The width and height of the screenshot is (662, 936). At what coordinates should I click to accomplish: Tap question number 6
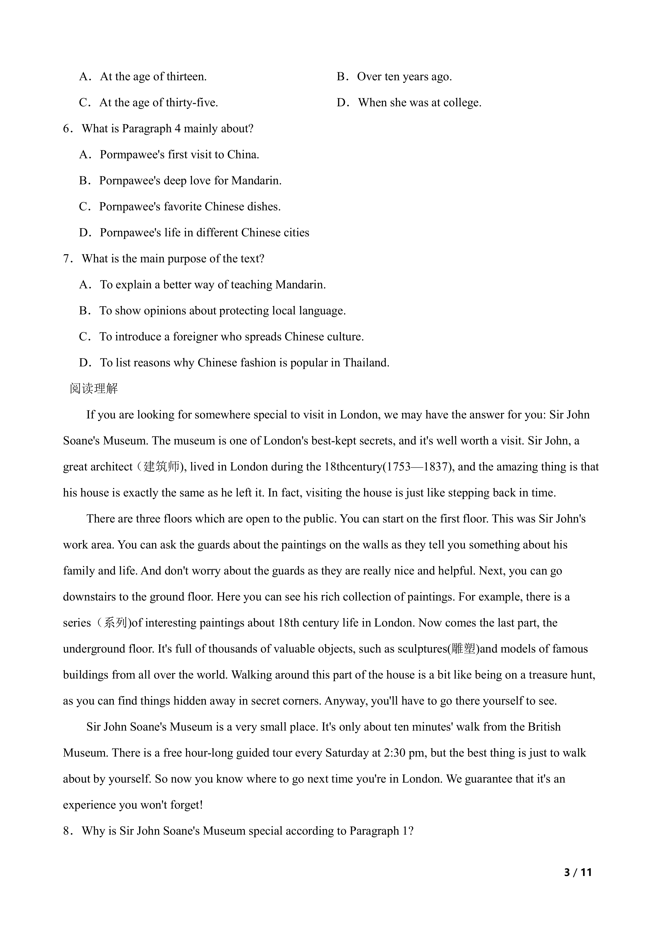click(67, 129)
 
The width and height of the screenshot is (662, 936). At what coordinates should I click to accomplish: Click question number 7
click(67, 259)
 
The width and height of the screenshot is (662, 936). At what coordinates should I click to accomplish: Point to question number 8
click(67, 831)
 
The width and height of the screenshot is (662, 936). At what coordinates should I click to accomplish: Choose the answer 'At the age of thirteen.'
click(153, 77)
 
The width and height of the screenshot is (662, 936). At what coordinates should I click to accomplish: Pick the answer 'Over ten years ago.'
click(404, 77)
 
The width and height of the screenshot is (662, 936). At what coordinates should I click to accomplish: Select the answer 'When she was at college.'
click(419, 103)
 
